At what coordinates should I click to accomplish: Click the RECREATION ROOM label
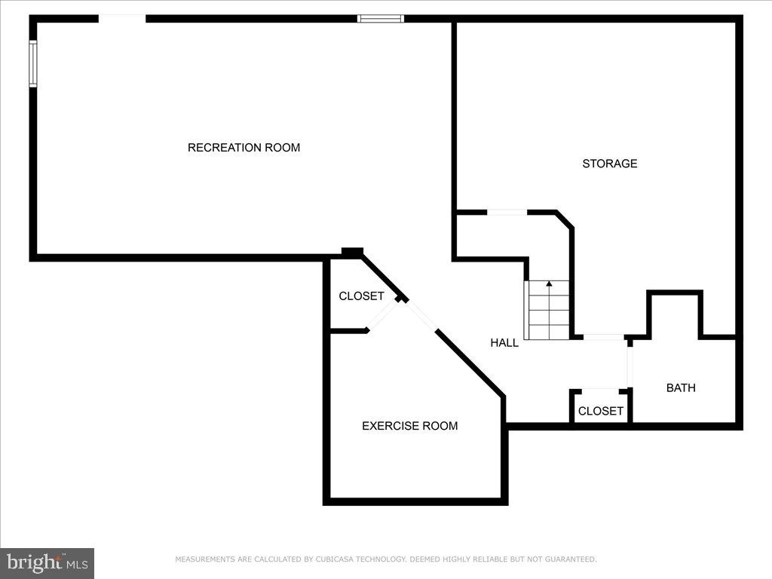(244, 148)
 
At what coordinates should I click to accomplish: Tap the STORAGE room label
(609, 164)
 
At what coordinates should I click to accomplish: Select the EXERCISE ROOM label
(409, 426)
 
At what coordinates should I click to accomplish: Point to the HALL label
(504, 343)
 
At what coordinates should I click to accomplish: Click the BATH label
(681, 388)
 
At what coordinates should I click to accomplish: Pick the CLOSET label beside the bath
(600, 411)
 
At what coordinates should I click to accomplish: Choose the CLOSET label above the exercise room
(361, 296)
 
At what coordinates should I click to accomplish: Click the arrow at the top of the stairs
(549, 284)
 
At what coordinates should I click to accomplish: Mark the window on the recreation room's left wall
(33, 63)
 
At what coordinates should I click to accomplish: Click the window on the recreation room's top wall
(381, 19)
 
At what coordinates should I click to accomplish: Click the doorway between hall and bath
(629, 365)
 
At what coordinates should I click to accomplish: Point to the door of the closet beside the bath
(600, 391)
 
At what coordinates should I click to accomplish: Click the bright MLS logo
(47, 562)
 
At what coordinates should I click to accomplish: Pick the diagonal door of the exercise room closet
(382, 315)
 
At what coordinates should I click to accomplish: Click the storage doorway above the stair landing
(507, 213)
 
